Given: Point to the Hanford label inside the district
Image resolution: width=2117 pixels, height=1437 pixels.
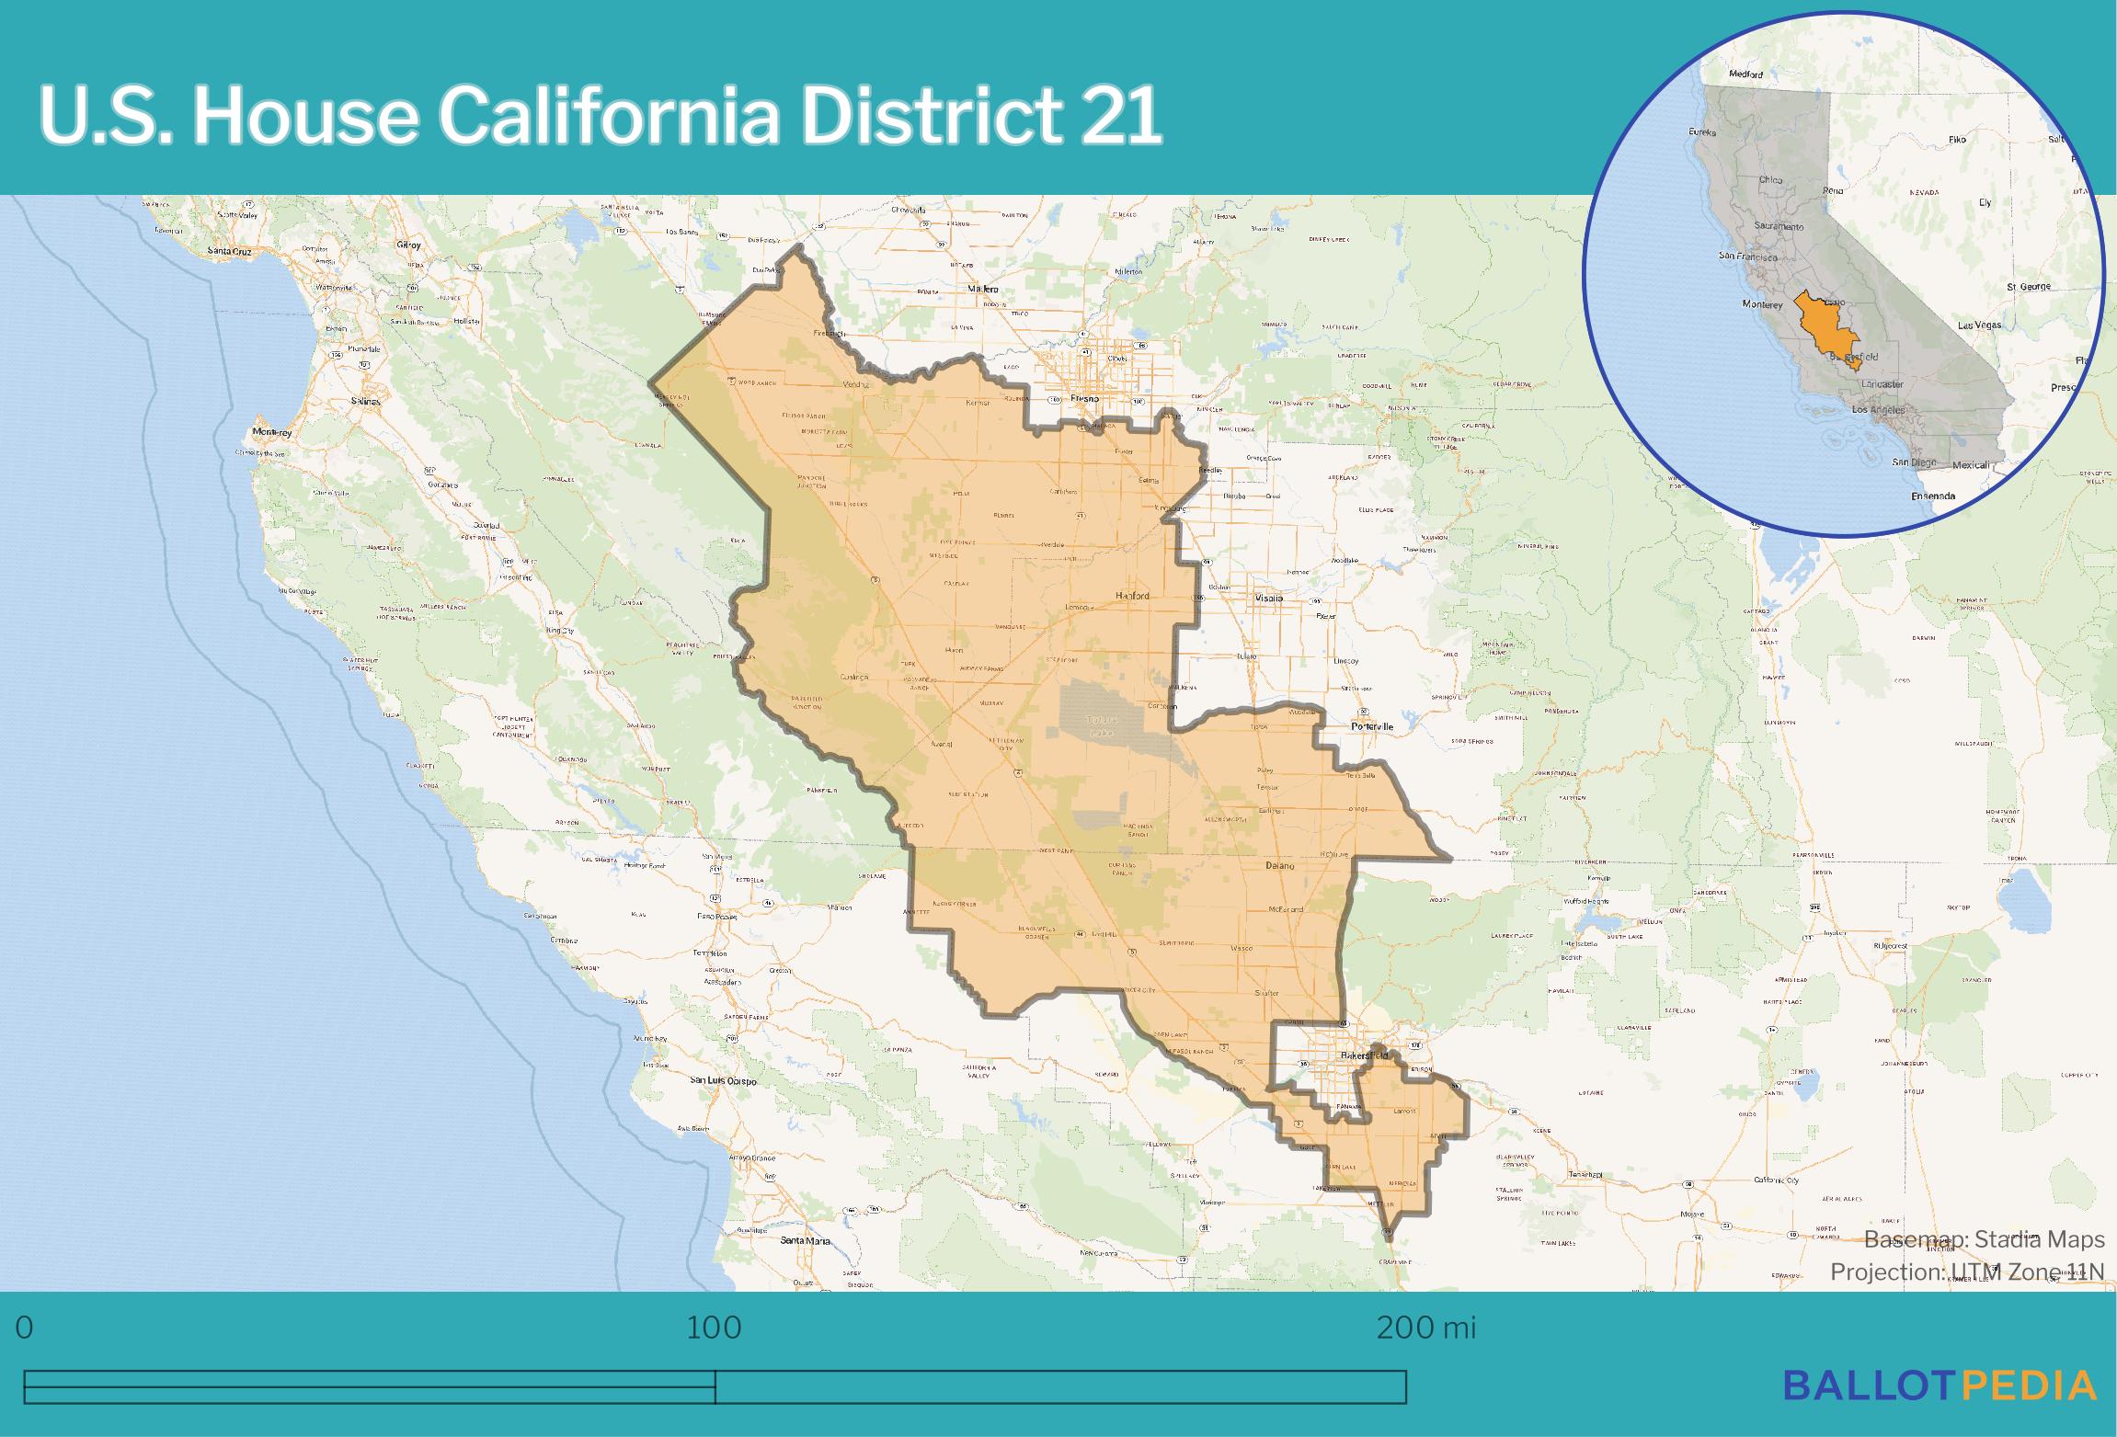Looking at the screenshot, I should pyautogui.click(x=1132, y=596).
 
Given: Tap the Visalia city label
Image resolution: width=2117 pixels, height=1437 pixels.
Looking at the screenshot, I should pyautogui.click(x=1268, y=598).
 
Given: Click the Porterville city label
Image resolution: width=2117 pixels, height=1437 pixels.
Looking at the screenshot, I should pyautogui.click(x=1372, y=726).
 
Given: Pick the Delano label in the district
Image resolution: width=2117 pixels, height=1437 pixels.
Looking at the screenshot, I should pyautogui.click(x=1279, y=866).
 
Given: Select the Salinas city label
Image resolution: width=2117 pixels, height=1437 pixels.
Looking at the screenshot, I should pyautogui.click(x=365, y=402).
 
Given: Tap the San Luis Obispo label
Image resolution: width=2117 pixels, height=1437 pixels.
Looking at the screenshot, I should pyautogui.click(x=724, y=1081).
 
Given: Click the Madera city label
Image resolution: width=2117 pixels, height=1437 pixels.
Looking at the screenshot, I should pyautogui.click(x=983, y=289).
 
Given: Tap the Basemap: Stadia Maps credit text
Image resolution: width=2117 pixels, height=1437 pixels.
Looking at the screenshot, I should pyautogui.click(x=1984, y=1240).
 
